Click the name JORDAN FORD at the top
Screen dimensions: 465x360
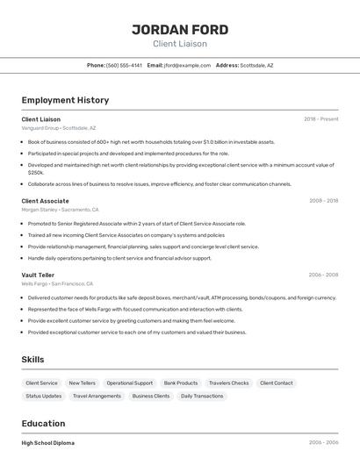click(179, 29)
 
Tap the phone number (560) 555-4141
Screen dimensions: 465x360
click(125, 65)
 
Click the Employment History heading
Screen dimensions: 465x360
click(65, 100)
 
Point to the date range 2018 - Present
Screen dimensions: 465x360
click(321, 118)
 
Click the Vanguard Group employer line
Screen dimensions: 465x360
click(59, 128)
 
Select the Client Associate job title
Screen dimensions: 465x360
click(45, 201)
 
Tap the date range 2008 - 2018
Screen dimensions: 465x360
click(323, 201)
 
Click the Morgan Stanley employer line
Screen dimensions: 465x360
click(60, 211)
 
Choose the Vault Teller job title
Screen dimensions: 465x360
click(38, 275)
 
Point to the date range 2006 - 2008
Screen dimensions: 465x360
click(323, 275)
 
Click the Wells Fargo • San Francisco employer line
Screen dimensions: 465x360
click(57, 284)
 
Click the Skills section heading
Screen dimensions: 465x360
click(32, 360)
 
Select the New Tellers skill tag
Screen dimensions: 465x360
click(82, 383)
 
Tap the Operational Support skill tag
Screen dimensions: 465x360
click(130, 383)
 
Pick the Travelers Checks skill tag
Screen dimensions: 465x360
click(228, 383)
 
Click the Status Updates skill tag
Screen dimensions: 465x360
click(44, 396)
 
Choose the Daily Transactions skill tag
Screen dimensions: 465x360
click(202, 396)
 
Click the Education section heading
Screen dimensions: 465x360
click(43, 423)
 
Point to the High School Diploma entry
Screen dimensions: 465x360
click(48, 443)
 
